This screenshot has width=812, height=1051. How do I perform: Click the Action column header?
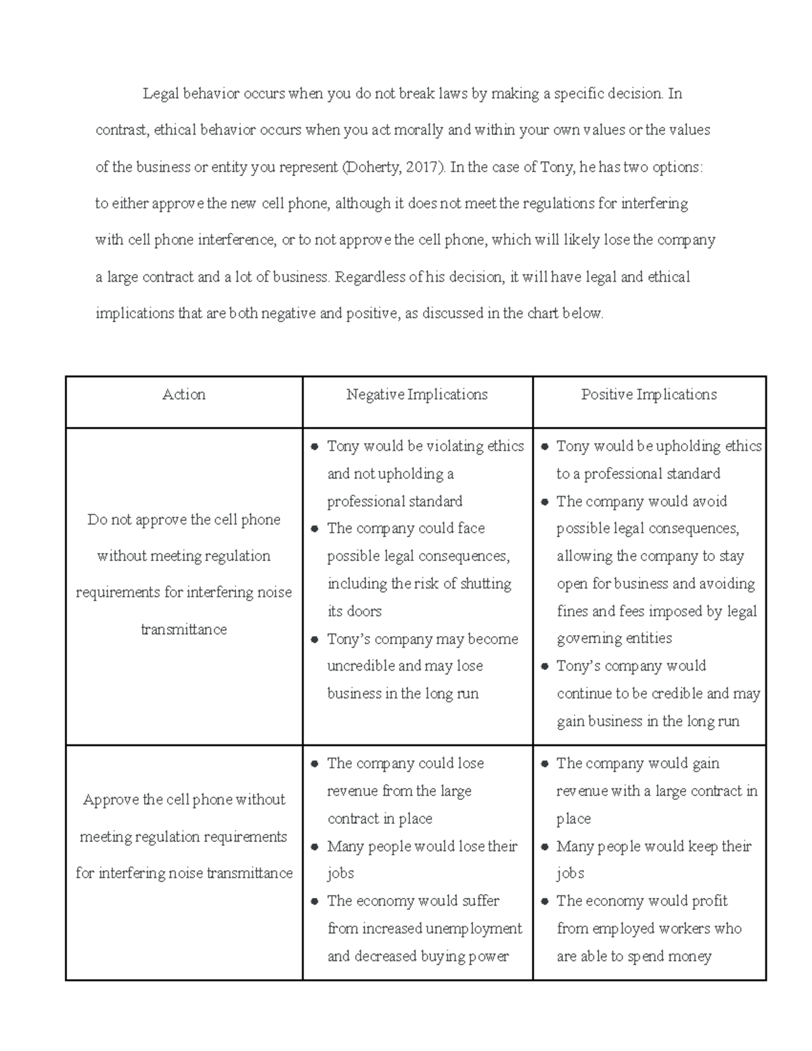[183, 395]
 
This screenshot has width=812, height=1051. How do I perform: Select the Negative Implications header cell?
[417, 395]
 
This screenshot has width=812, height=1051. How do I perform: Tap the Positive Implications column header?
[649, 395]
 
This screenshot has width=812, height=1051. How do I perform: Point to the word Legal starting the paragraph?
[160, 93]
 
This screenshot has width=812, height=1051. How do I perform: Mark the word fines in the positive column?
[572, 611]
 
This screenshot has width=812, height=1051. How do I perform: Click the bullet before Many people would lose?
[315, 847]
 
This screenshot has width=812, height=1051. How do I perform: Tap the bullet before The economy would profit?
[545, 901]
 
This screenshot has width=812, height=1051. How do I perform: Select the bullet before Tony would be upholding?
[545, 447]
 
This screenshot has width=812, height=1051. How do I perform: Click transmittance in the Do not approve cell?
[183, 629]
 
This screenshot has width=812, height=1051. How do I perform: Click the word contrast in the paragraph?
[121, 130]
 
